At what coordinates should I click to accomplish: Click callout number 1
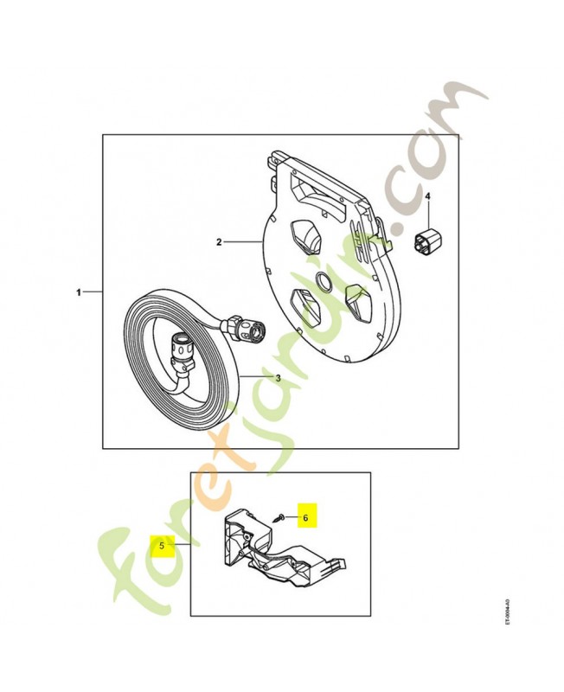click(x=79, y=293)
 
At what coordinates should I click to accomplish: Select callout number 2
click(x=220, y=243)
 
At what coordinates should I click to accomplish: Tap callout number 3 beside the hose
click(x=278, y=377)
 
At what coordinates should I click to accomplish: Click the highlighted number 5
click(x=161, y=546)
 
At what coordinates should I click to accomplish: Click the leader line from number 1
click(x=93, y=293)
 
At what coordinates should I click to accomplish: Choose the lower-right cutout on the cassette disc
click(x=356, y=301)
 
